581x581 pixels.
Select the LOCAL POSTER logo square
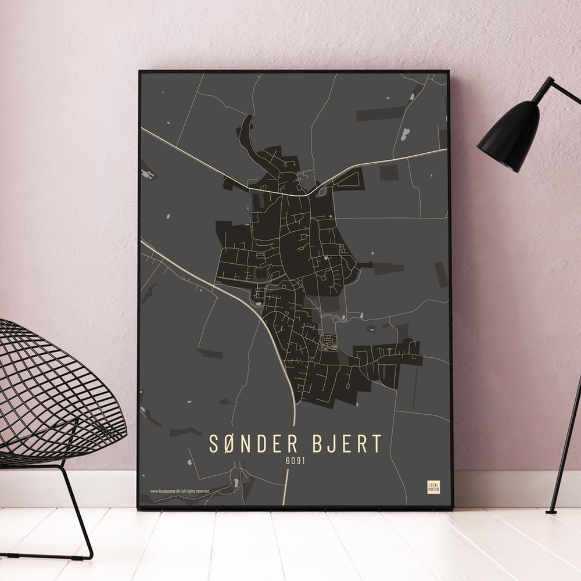pos(433,487)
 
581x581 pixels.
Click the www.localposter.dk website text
pos(165,491)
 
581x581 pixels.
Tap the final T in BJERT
pos(377,444)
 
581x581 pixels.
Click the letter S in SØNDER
pos(214,444)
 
